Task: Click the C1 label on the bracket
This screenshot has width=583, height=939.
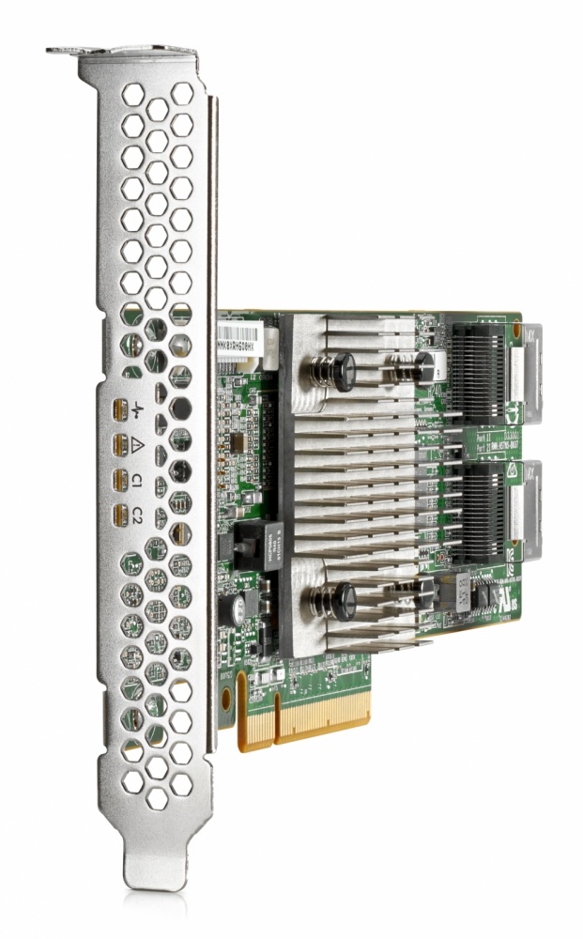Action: click(x=137, y=481)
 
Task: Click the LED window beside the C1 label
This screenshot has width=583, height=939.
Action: click(x=119, y=481)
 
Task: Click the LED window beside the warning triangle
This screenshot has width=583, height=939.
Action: click(x=119, y=445)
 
